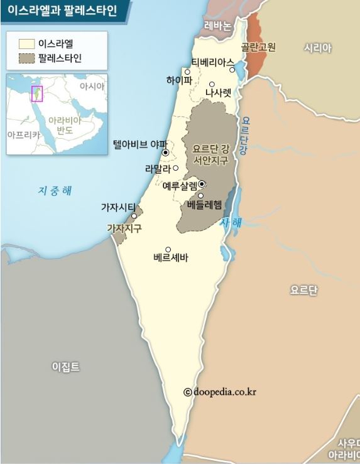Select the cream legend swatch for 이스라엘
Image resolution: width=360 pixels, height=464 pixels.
tap(26, 44)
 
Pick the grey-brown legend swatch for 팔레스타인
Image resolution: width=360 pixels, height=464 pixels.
tap(26, 58)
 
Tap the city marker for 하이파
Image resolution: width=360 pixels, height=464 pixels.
tap(187, 72)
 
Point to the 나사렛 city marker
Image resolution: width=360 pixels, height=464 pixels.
tap(212, 84)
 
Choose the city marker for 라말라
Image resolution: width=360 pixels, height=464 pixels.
tap(176, 168)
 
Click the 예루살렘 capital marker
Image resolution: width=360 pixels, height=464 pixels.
tap(202, 184)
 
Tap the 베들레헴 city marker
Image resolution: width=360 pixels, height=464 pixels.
tap(201, 196)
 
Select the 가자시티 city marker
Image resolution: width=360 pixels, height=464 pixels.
tap(134, 216)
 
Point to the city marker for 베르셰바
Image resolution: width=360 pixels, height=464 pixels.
tap(168, 249)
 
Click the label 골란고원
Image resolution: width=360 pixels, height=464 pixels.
tap(259, 47)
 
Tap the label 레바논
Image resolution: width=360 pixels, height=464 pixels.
tap(218, 26)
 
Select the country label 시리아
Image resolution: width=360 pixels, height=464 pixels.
tap(317, 48)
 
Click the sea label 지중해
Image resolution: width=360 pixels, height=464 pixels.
tap(55, 190)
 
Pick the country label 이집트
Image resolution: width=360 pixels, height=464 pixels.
tap(66, 367)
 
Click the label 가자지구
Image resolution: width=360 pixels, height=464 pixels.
tap(124, 229)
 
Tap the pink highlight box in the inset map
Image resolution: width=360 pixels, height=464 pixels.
tap(36, 94)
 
